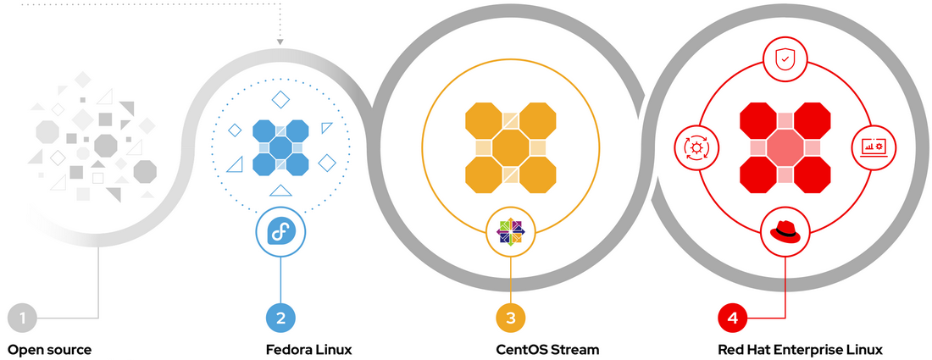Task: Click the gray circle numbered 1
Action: (x=23, y=318)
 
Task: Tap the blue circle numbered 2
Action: (x=280, y=318)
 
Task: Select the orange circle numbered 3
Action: (x=510, y=318)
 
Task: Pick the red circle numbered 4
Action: (x=733, y=318)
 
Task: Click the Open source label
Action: (x=49, y=349)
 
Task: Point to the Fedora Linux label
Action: (x=308, y=349)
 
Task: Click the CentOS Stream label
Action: (x=547, y=349)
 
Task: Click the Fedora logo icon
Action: (x=280, y=231)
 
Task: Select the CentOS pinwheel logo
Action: (x=510, y=231)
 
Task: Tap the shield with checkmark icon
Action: (x=785, y=60)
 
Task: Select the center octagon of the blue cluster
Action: (x=280, y=147)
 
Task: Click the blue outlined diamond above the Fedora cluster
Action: (x=280, y=99)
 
